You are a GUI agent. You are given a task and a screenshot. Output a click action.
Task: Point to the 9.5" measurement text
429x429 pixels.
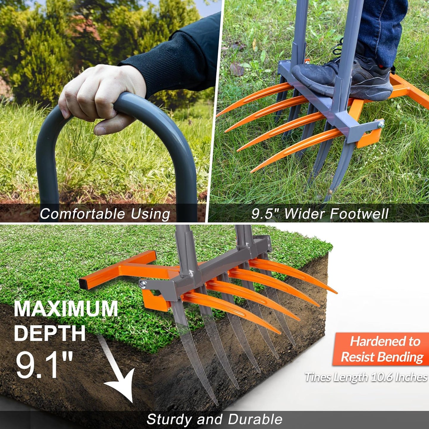[x=266, y=214]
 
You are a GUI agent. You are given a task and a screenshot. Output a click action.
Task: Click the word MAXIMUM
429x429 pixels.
[x=66, y=309]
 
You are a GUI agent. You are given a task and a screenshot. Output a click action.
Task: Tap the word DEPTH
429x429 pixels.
[x=50, y=333]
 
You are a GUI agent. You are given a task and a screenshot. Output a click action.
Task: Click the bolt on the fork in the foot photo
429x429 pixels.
[x=381, y=125]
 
